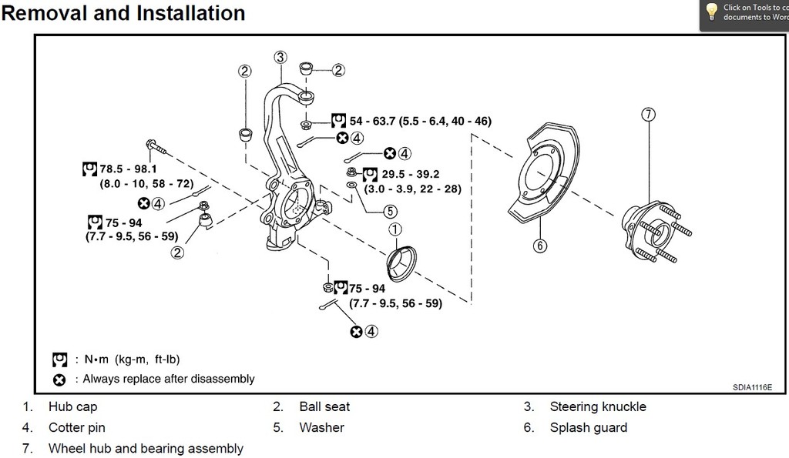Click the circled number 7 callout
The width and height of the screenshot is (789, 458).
point(649,115)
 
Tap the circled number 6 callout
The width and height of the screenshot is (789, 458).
point(540,246)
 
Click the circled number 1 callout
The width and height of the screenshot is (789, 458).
point(395,229)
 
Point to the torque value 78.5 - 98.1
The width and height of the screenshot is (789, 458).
point(127,169)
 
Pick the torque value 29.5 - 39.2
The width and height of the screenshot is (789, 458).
point(411,175)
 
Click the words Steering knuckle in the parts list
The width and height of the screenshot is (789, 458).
point(597,406)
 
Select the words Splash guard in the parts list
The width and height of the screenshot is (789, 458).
point(588,427)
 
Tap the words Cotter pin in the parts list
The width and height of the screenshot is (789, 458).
point(76,427)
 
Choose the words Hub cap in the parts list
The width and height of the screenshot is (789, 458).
point(72,406)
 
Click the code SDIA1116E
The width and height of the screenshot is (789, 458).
point(752,388)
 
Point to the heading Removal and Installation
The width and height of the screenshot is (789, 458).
point(123,13)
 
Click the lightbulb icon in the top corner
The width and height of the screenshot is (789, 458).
point(711,11)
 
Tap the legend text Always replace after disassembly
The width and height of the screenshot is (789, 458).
point(168,379)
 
